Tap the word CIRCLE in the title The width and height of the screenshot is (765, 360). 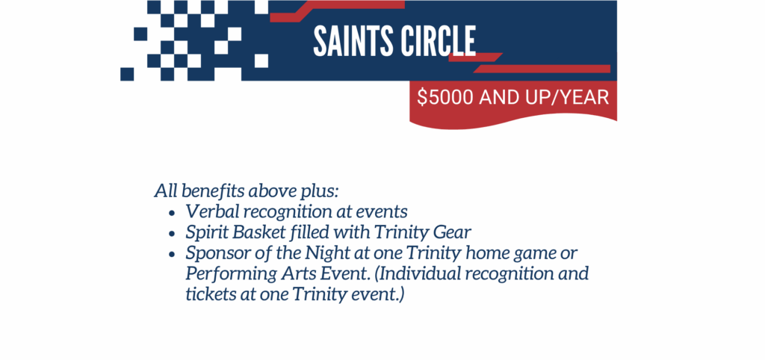(437, 41)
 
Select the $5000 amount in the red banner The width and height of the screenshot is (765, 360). (445, 98)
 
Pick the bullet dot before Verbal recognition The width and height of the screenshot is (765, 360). (171, 213)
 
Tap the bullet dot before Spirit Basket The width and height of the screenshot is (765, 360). (171, 234)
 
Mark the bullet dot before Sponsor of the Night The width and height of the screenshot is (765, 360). (171, 255)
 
